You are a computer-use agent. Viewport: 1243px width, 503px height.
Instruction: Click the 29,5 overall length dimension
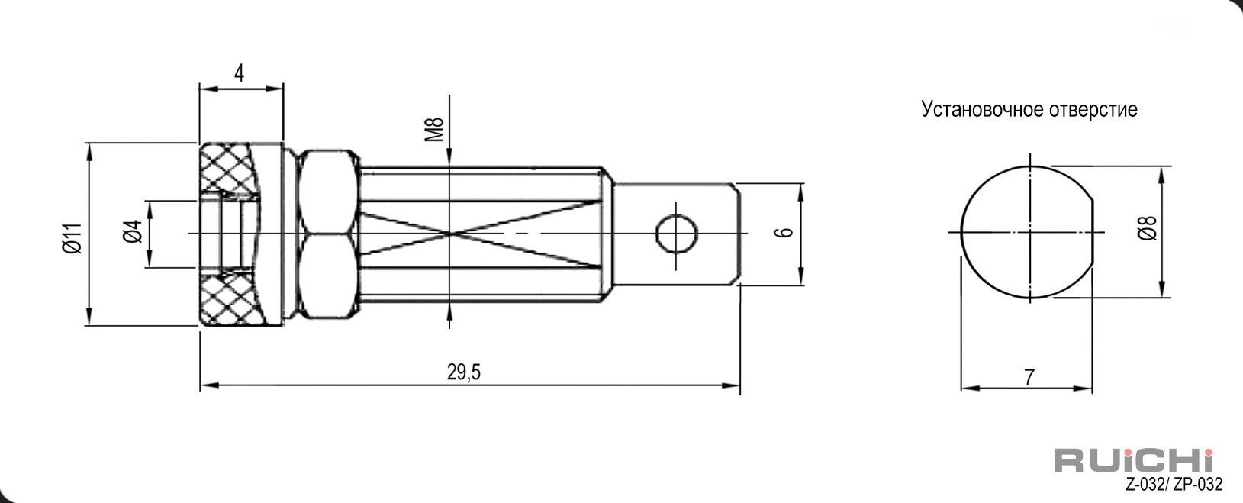point(464,372)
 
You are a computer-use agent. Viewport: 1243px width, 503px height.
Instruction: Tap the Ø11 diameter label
point(72,238)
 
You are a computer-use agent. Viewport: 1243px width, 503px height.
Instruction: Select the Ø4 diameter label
point(134,231)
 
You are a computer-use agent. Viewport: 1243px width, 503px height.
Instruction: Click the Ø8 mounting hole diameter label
point(1148,228)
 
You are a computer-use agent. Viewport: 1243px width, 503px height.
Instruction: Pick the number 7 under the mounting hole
point(1029,378)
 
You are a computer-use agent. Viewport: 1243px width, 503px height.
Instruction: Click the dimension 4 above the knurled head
point(239,73)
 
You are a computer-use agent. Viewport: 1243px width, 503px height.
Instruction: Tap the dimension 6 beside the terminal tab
point(784,232)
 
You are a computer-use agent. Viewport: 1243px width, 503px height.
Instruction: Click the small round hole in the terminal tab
point(676,234)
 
